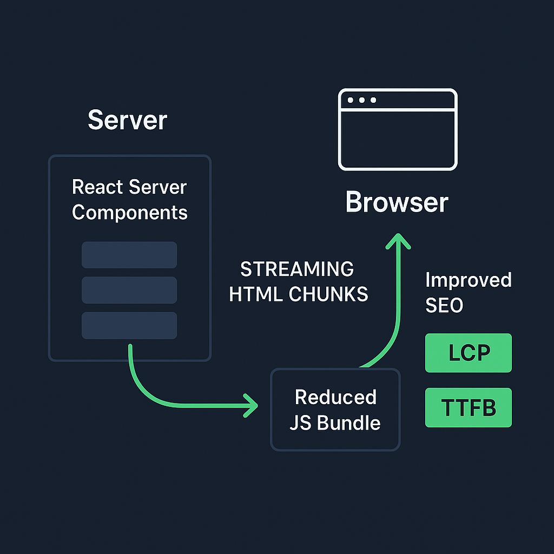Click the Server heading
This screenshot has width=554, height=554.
point(127,120)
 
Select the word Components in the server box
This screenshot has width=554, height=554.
point(130,212)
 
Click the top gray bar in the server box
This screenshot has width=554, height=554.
point(129,255)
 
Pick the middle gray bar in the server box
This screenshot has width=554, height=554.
point(129,290)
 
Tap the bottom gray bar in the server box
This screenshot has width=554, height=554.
point(129,325)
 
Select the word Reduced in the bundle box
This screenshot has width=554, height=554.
point(335,397)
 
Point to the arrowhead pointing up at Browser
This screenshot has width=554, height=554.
point(398,241)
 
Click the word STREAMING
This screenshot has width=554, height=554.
point(297,269)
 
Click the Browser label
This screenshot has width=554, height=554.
point(397,202)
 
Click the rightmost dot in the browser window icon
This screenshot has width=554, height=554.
point(373,100)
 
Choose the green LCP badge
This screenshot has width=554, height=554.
point(468,353)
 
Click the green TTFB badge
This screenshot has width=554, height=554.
point(468,407)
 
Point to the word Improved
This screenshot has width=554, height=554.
point(468,280)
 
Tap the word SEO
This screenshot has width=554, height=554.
point(444,306)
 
